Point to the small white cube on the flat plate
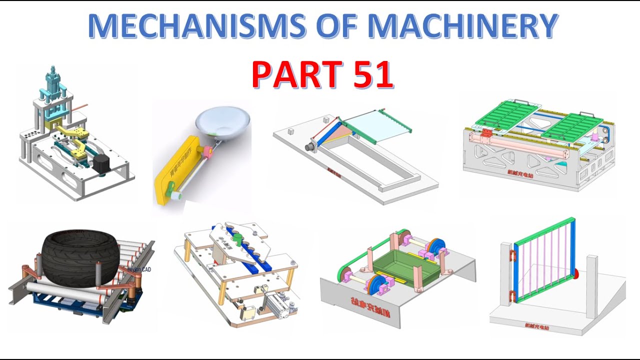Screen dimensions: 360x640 (326, 120)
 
